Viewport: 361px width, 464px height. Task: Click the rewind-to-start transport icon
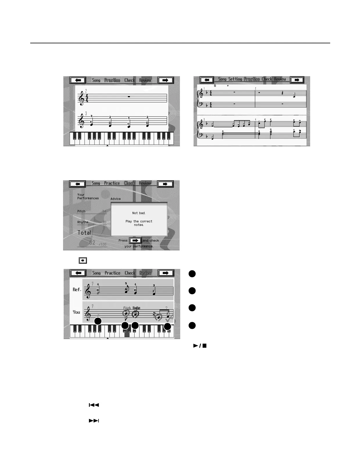point(94,405)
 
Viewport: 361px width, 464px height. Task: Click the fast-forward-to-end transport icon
point(94,420)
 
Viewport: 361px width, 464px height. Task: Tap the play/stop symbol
point(200,346)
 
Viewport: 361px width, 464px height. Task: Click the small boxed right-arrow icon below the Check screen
point(83,260)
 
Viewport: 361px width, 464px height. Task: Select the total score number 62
point(92,243)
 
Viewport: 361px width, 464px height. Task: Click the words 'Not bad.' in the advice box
point(139,213)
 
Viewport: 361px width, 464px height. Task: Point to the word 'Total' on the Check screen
point(84,233)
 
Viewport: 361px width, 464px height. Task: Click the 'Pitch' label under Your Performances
point(81,211)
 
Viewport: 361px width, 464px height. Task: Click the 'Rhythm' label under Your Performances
point(83,222)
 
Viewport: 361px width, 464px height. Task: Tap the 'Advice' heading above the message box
point(115,199)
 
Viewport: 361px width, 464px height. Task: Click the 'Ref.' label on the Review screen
point(77,290)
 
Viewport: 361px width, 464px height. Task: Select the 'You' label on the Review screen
point(76,312)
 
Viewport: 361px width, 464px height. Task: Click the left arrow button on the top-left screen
point(78,80)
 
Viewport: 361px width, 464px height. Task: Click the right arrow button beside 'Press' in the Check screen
point(135,241)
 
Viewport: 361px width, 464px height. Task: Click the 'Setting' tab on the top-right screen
point(235,79)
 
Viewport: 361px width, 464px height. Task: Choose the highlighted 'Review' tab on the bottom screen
point(145,273)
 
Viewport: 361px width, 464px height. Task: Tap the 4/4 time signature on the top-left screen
point(87,98)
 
